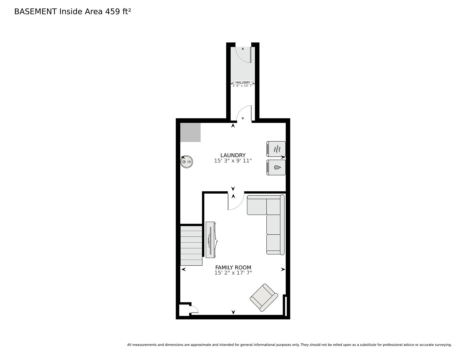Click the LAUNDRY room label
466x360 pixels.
(233, 155)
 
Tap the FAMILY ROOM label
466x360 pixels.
(233, 268)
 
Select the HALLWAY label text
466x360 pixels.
(243, 82)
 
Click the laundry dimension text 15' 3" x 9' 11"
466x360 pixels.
(233, 161)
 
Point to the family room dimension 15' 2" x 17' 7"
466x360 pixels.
(233, 273)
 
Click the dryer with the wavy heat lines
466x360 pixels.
(276, 149)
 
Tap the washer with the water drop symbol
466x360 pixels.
(276, 167)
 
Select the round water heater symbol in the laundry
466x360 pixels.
(187, 162)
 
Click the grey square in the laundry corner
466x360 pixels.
(190, 132)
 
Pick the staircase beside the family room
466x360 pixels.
(191, 246)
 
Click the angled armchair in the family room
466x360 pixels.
(264, 298)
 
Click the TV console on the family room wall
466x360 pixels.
(211, 240)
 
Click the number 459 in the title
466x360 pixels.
(112, 12)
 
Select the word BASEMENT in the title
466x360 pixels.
(36, 12)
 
